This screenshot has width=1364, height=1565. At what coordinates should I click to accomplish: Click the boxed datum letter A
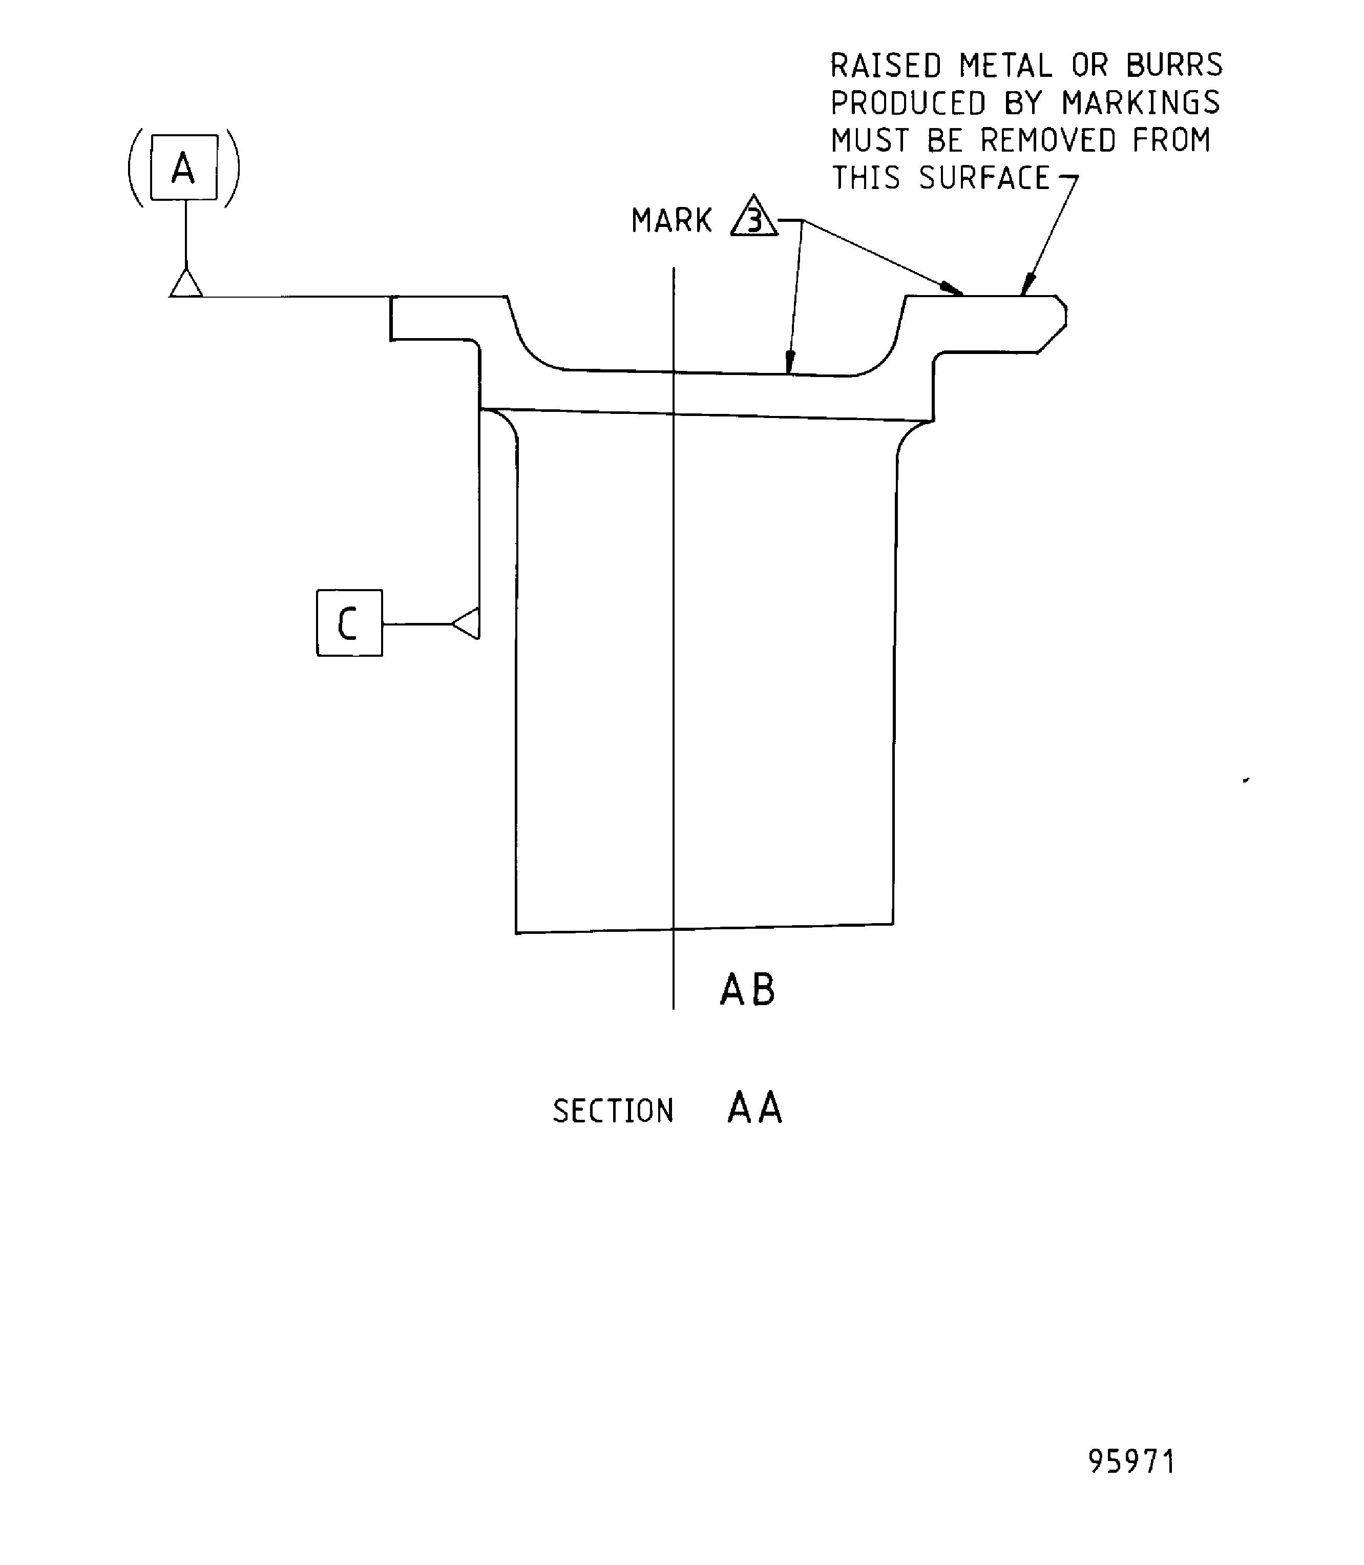[183, 168]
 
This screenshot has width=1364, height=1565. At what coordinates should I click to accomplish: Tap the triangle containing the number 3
[753, 218]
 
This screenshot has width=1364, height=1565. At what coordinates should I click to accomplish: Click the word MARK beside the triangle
[670, 221]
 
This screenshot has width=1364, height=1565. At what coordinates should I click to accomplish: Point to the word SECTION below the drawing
[613, 1111]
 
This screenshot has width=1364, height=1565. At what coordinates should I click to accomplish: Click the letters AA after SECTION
[754, 1108]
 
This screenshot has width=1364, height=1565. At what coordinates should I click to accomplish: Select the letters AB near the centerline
[747, 990]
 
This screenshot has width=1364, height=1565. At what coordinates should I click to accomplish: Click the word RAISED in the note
[885, 66]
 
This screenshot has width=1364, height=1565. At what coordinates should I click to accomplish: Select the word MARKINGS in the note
[1140, 103]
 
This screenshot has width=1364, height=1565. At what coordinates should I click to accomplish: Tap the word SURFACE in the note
[983, 178]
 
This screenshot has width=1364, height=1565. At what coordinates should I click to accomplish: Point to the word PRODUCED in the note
[907, 103]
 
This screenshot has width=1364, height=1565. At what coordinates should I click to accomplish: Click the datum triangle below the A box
[186, 284]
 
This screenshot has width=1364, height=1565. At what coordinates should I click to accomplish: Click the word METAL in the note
[1005, 66]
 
